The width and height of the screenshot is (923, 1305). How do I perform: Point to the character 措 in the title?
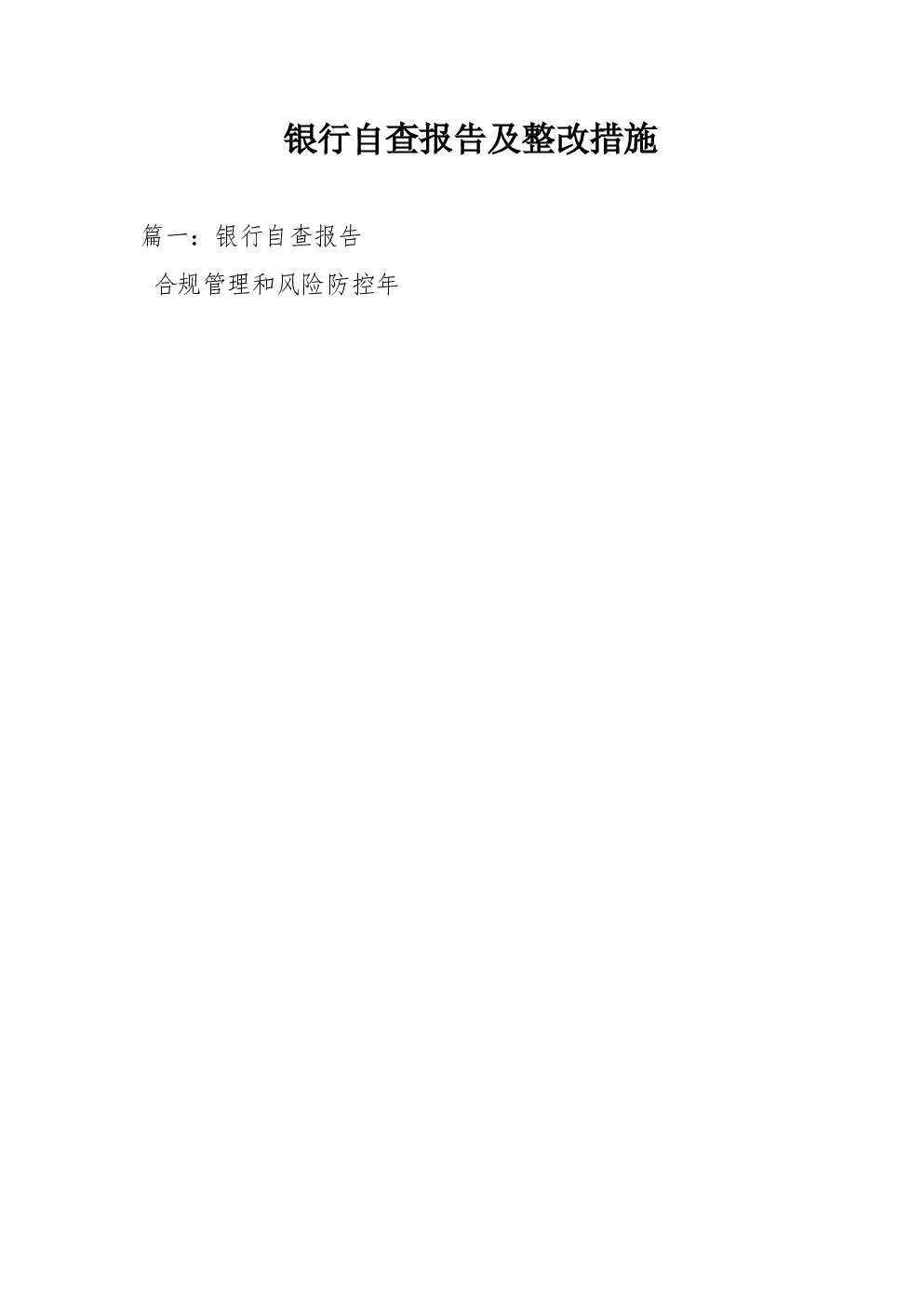pos(606,140)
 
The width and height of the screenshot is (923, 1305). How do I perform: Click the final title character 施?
pos(640,140)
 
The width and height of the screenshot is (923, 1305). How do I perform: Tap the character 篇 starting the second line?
pos(153,236)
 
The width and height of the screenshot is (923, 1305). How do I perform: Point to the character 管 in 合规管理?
pos(215,285)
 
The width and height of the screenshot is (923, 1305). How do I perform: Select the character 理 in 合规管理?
pos(239,285)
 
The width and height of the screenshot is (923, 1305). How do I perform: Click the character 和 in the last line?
pos(264,285)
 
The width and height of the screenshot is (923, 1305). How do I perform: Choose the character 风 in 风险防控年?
pos(289,285)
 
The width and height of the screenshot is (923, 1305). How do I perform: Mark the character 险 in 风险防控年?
pos(314,285)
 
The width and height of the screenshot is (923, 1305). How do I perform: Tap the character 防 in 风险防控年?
pos(338,285)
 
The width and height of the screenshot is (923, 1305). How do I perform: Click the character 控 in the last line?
pos(363,285)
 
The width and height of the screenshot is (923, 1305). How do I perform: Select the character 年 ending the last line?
pos(387,285)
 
